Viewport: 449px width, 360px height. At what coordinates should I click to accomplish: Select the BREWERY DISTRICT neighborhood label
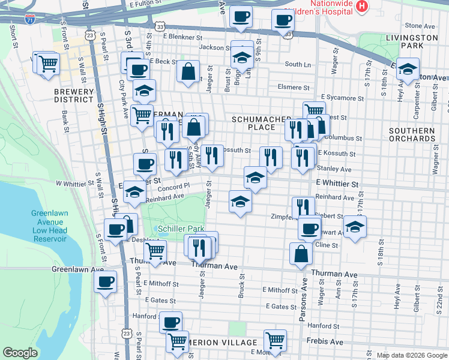[74, 96]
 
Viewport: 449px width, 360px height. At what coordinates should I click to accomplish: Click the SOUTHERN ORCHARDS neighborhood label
[412, 134]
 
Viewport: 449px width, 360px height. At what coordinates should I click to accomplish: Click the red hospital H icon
[362, 7]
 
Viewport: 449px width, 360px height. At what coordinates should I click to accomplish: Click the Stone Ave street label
[419, 26]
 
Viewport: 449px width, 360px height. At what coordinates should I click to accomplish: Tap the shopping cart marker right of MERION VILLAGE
[275, 340]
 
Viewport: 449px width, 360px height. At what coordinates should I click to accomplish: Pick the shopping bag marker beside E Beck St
[188, 71]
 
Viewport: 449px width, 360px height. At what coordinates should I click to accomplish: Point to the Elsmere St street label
[293, 87]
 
